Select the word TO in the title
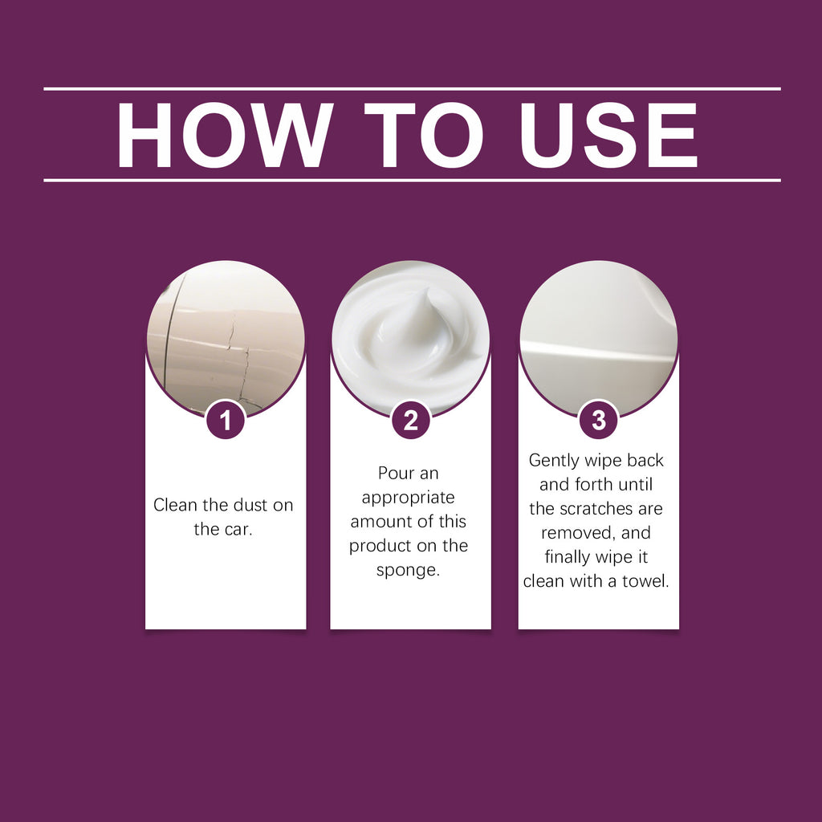point(422,135)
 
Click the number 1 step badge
point(226,421)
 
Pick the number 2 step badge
point(410,421)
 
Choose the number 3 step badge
point(598,421)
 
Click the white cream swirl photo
point(410,337)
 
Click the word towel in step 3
point(645,581)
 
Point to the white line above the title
point(411,88)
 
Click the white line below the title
point(411,180)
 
